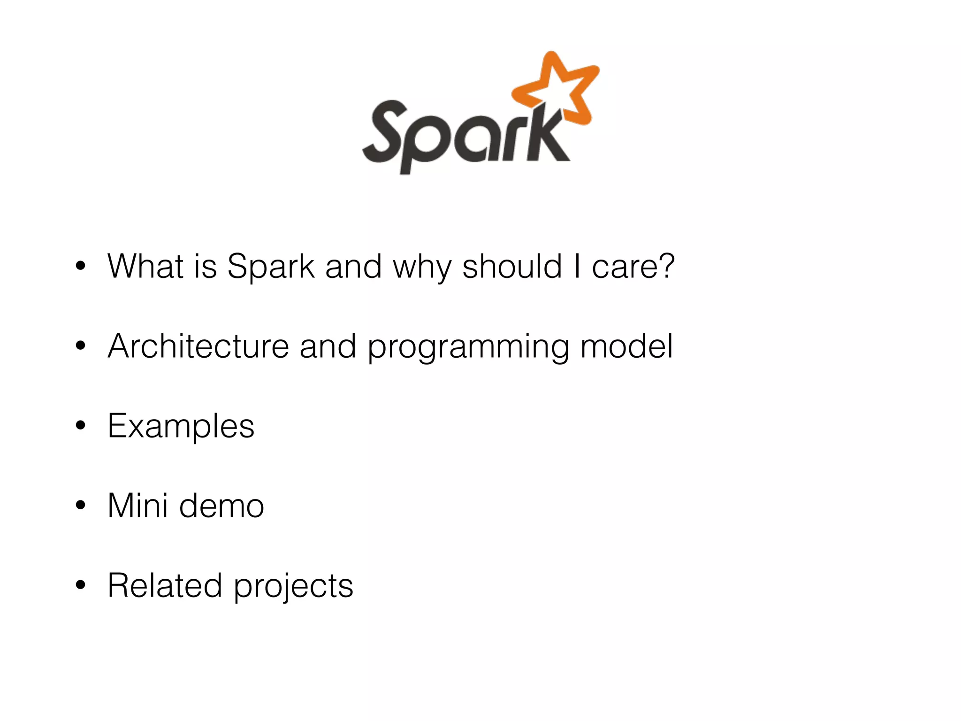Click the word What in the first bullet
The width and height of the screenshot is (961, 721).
(145, 266)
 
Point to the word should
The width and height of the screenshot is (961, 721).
(512, 266)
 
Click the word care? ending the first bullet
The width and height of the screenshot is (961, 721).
(633, 266)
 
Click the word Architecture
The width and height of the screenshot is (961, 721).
(198, 346)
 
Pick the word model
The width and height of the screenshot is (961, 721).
(626, 346)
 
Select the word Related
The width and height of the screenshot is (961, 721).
(165, 585)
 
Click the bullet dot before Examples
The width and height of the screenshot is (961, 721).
(81, 425)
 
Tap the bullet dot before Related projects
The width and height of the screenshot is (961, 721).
(81, 585)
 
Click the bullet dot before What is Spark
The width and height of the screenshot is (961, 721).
(81, 266)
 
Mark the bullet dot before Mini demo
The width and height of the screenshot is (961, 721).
(81, 505)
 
